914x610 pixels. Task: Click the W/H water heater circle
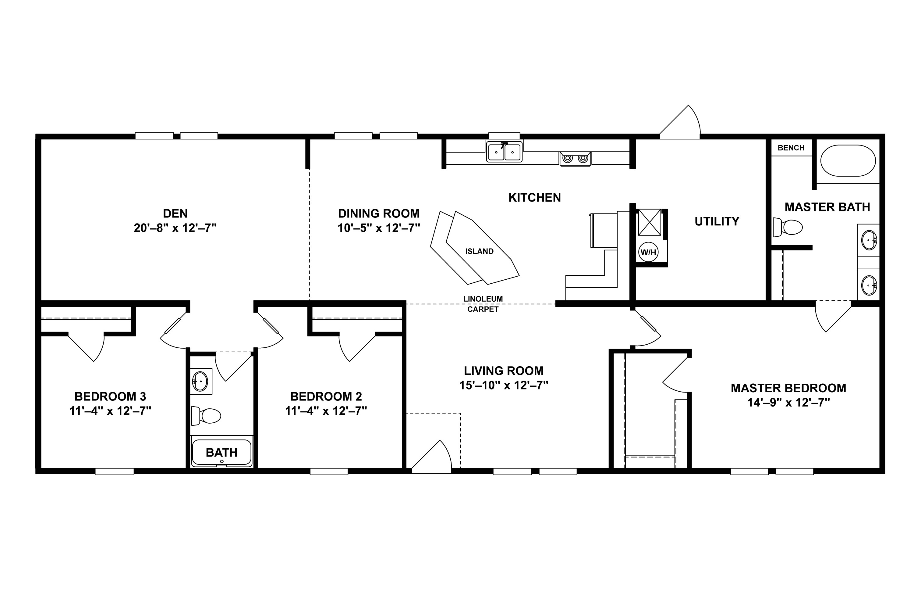(648, 252)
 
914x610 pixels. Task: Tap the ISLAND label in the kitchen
(479, 251)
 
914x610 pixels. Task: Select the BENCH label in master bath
(791, 148)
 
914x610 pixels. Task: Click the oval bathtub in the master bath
(848, 161)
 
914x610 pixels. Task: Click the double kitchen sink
(504, 152)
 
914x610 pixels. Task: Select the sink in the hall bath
(200, 381)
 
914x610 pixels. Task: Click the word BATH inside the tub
(221, 452)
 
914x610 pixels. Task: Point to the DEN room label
(175, 213)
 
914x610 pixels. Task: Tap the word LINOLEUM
(483, 299)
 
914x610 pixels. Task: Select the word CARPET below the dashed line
(483, 309)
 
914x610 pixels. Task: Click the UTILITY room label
(717, 221)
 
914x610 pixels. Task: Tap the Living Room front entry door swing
(433, 459)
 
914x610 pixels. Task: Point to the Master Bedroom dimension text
(788, 402)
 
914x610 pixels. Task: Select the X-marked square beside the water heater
(649, 222)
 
